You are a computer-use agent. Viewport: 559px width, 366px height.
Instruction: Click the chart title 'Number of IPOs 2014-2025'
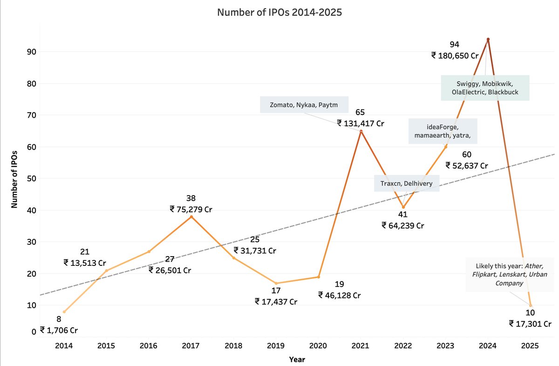[279, 13]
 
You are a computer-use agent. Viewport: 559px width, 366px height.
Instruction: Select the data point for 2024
[488, 39]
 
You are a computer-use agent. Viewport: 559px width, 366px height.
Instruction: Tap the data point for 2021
[361, 131]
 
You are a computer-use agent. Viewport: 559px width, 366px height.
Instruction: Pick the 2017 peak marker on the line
[191, 217]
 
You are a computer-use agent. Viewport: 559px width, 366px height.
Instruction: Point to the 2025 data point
[530, 305]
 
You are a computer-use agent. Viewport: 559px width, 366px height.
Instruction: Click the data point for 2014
[64, 312]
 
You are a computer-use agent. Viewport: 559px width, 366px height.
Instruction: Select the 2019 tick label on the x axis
[276, 347]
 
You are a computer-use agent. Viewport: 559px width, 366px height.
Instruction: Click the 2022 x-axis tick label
[403, 347]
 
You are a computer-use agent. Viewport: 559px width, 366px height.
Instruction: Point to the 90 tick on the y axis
[30, 52]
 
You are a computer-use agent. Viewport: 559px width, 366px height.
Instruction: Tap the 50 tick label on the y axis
[30, 178]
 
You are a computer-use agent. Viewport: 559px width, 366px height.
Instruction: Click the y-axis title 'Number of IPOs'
[14, 178]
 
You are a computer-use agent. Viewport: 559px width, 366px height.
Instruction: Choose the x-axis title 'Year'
[297, 359]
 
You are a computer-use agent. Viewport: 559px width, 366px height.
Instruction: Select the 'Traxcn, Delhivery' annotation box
[406, 183]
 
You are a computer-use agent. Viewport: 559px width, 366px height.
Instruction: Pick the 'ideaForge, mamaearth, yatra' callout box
[443, 131]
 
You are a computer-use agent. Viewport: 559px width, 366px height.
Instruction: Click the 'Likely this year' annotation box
[509, 274]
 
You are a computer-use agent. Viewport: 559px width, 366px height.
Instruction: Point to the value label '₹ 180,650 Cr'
[455, 55]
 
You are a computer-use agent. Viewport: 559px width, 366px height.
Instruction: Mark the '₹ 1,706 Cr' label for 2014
[59, 330]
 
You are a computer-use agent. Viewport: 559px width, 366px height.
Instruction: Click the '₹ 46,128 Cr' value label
[339, 295]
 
